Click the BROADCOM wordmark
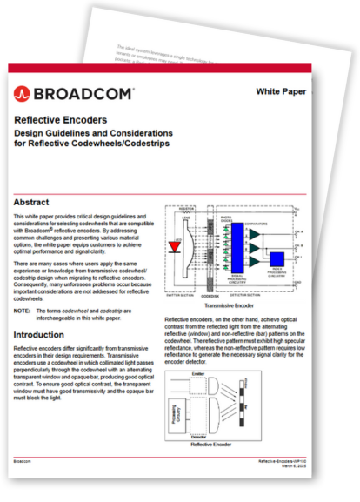coord(83,91)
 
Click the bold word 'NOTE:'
coord(23,310)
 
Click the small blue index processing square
coord(277,259)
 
